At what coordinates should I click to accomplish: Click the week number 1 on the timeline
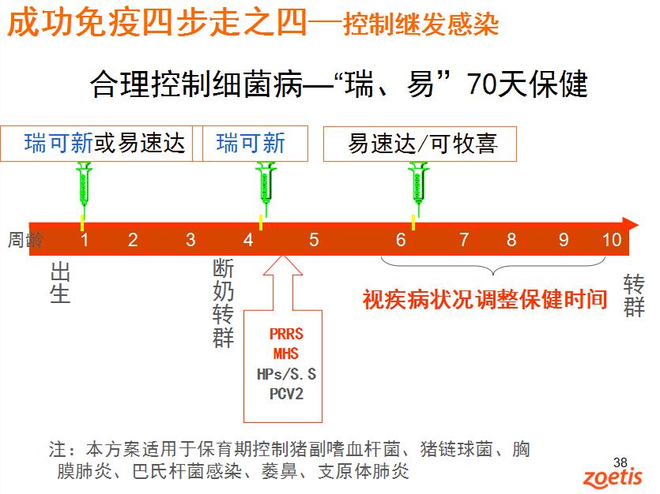(85, 240)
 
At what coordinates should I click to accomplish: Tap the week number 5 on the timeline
(314, 240)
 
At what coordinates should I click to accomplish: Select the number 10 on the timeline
(612, 240)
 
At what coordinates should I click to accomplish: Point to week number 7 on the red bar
(464, 240)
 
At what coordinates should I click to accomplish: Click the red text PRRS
(286, 334)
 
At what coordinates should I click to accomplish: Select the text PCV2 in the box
(286, 394)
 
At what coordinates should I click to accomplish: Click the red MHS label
(286, 354)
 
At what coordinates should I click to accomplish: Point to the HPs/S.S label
(286, 374)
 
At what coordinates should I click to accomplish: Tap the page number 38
(620, 462)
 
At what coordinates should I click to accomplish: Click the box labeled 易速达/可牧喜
(420, 144)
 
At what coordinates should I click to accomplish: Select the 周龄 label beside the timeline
(25, 240)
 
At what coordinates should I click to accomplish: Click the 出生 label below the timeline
(60, 283)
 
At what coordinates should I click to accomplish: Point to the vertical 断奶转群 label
(223, 303)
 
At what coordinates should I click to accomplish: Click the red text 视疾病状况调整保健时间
(485, 300)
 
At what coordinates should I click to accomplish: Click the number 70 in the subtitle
(481, 84)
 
